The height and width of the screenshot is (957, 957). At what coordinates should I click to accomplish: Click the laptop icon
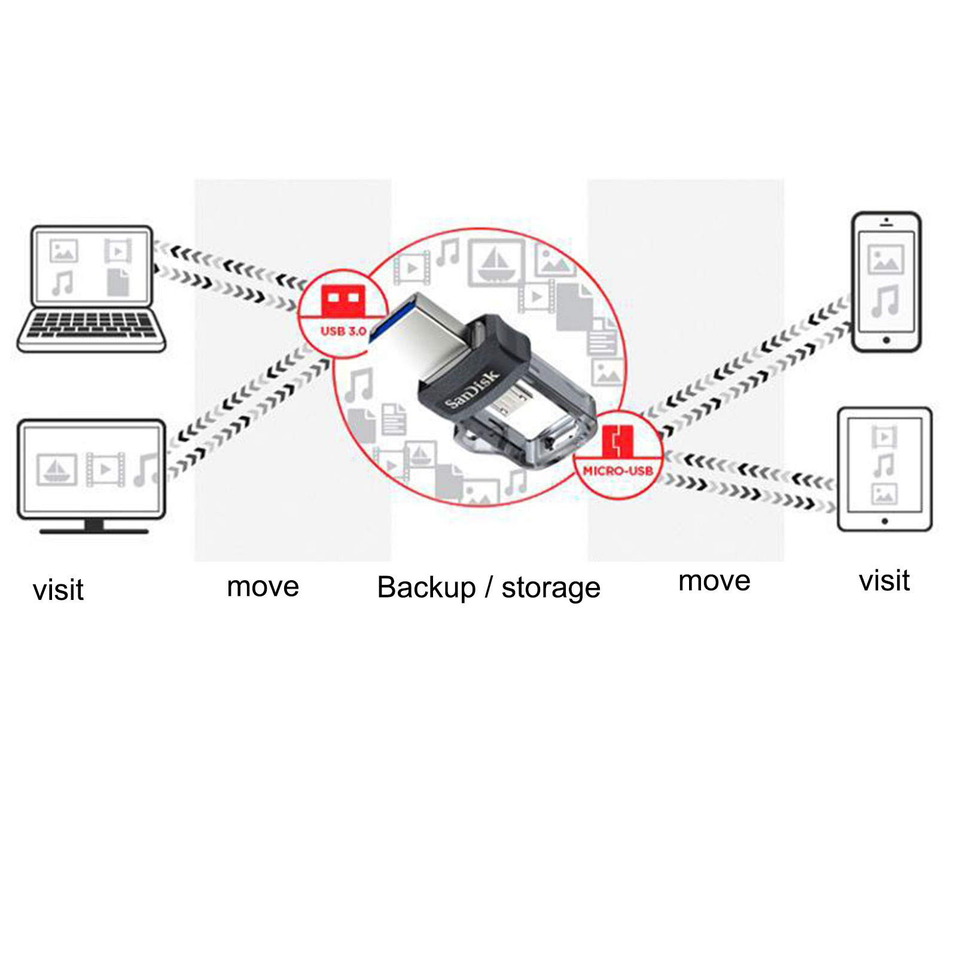(x=91, y=288)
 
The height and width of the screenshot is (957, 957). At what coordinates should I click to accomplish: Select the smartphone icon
(x=886, y=282)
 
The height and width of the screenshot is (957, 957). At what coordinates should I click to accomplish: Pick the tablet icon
(x=884, y=470)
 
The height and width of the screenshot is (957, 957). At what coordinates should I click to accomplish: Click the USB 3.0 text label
(x=343, y=331)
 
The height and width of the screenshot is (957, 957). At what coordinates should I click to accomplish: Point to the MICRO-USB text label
(x=618, y=471)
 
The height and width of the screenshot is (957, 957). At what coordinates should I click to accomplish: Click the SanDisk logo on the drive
(x=472, y=389)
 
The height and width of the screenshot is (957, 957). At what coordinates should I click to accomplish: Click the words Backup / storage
(x=488, y=587)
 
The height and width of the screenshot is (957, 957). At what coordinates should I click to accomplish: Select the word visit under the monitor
(x=58, y=590)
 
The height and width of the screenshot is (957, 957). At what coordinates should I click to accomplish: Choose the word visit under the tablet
(x=884, y=580)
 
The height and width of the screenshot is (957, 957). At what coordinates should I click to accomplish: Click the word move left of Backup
(x=263, y=587)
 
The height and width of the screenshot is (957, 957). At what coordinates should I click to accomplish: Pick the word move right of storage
(x=714, y=581)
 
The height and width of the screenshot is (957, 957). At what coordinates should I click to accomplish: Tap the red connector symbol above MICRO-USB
(x=617, y=441)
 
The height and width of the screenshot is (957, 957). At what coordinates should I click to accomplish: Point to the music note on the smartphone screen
(x=886, y=300)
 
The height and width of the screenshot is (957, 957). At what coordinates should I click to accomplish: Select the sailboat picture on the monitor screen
(x=57, y=469)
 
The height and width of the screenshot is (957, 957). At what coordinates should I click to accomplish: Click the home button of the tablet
(x=884, y=522)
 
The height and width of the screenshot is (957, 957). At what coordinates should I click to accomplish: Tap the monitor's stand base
(x=94, y=530)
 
